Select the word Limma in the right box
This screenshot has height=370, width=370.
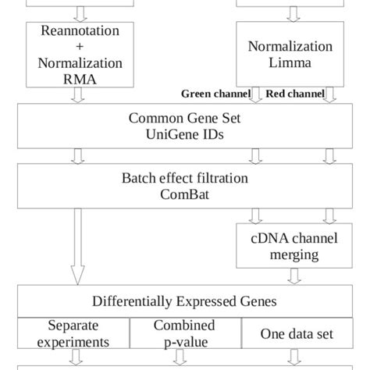tap(290, 62)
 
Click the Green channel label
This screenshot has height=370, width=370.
tap(216, 94)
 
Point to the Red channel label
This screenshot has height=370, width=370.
tap(295, 94)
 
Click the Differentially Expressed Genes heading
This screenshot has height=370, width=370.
tap(185, 301)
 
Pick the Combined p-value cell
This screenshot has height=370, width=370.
tap(183, 334)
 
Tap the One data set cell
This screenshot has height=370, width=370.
tap(297, 334)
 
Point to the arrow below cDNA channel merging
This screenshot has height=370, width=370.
tap(294, 276)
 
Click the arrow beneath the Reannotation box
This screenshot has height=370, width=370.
tap(77, 95)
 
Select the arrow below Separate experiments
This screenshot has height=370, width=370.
tap(77, 358)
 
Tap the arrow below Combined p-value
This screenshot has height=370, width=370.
tap(180, 358)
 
